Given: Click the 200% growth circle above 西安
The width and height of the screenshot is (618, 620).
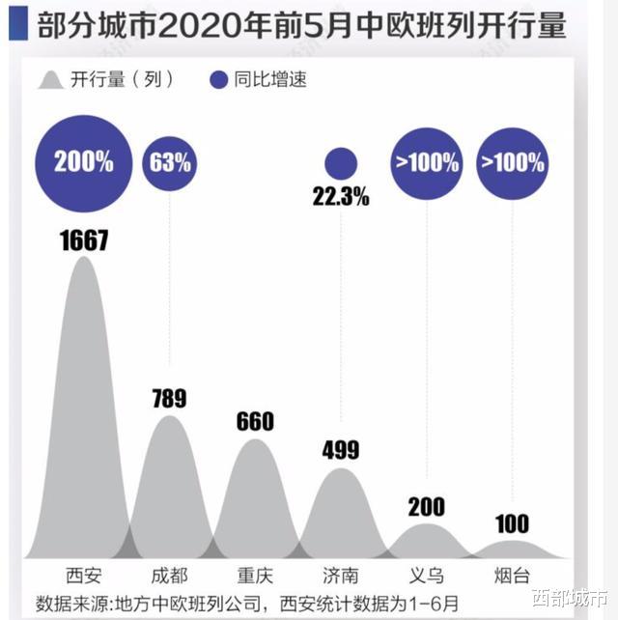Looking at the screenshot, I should [x=83, y=161].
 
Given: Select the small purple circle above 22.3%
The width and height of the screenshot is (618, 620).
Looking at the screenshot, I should [x=341, y=163].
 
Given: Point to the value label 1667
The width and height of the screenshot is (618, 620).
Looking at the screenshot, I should [x=83, y=240].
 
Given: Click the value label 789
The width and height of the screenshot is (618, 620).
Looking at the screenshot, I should [x=170, y=398].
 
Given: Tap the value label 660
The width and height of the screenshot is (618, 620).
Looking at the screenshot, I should [x=256, y=421].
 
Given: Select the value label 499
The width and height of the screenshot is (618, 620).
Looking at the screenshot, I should [x=341, y=449].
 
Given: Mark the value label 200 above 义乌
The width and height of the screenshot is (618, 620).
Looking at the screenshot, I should [x=427, y=507].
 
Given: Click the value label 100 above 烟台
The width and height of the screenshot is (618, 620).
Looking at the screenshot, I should [x=512, y=524].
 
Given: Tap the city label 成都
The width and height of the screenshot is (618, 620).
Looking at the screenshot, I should [x=169, y=576].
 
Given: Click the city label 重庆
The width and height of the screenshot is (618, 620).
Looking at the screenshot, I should [x=256, y=576].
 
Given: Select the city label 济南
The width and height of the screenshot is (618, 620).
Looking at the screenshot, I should [x=341, y=576].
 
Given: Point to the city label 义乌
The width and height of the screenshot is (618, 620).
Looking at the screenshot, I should [x=427, y=576].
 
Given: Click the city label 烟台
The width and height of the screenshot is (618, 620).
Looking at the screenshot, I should [x=512, y=576].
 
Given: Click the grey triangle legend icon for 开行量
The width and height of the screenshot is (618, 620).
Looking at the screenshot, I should [x=51, y=80].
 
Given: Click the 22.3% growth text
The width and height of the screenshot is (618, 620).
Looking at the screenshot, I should [x=341, y=197].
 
